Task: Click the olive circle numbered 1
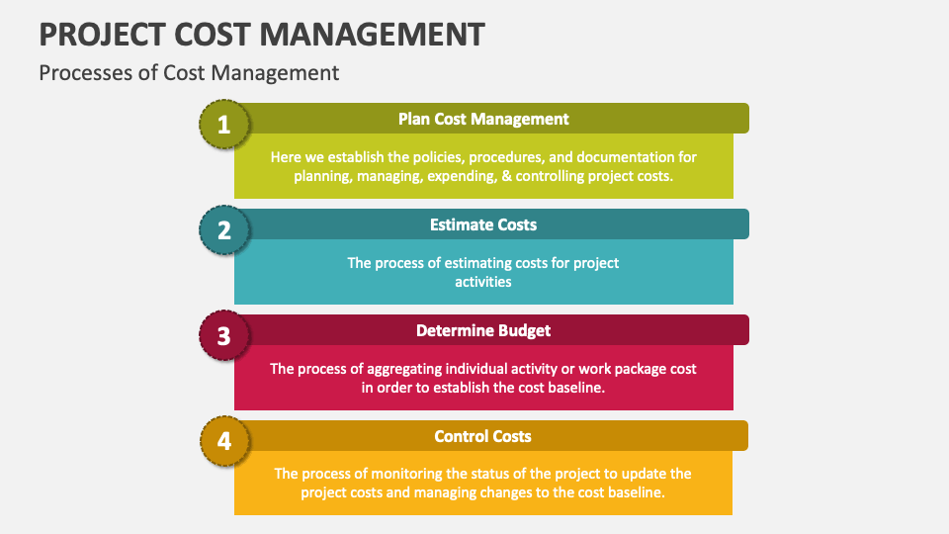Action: coord(224,125)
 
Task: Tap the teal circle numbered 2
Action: coord(224,230)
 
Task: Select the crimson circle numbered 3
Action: coord(224,336)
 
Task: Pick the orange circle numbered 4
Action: coord(224,441)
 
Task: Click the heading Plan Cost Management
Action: coord(483,119)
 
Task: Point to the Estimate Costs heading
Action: coord(483,224)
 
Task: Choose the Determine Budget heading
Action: coord(483,330)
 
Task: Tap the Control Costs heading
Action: coord(483,436)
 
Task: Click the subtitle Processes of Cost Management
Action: coord(189,72)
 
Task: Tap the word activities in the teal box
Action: coord(483,282)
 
